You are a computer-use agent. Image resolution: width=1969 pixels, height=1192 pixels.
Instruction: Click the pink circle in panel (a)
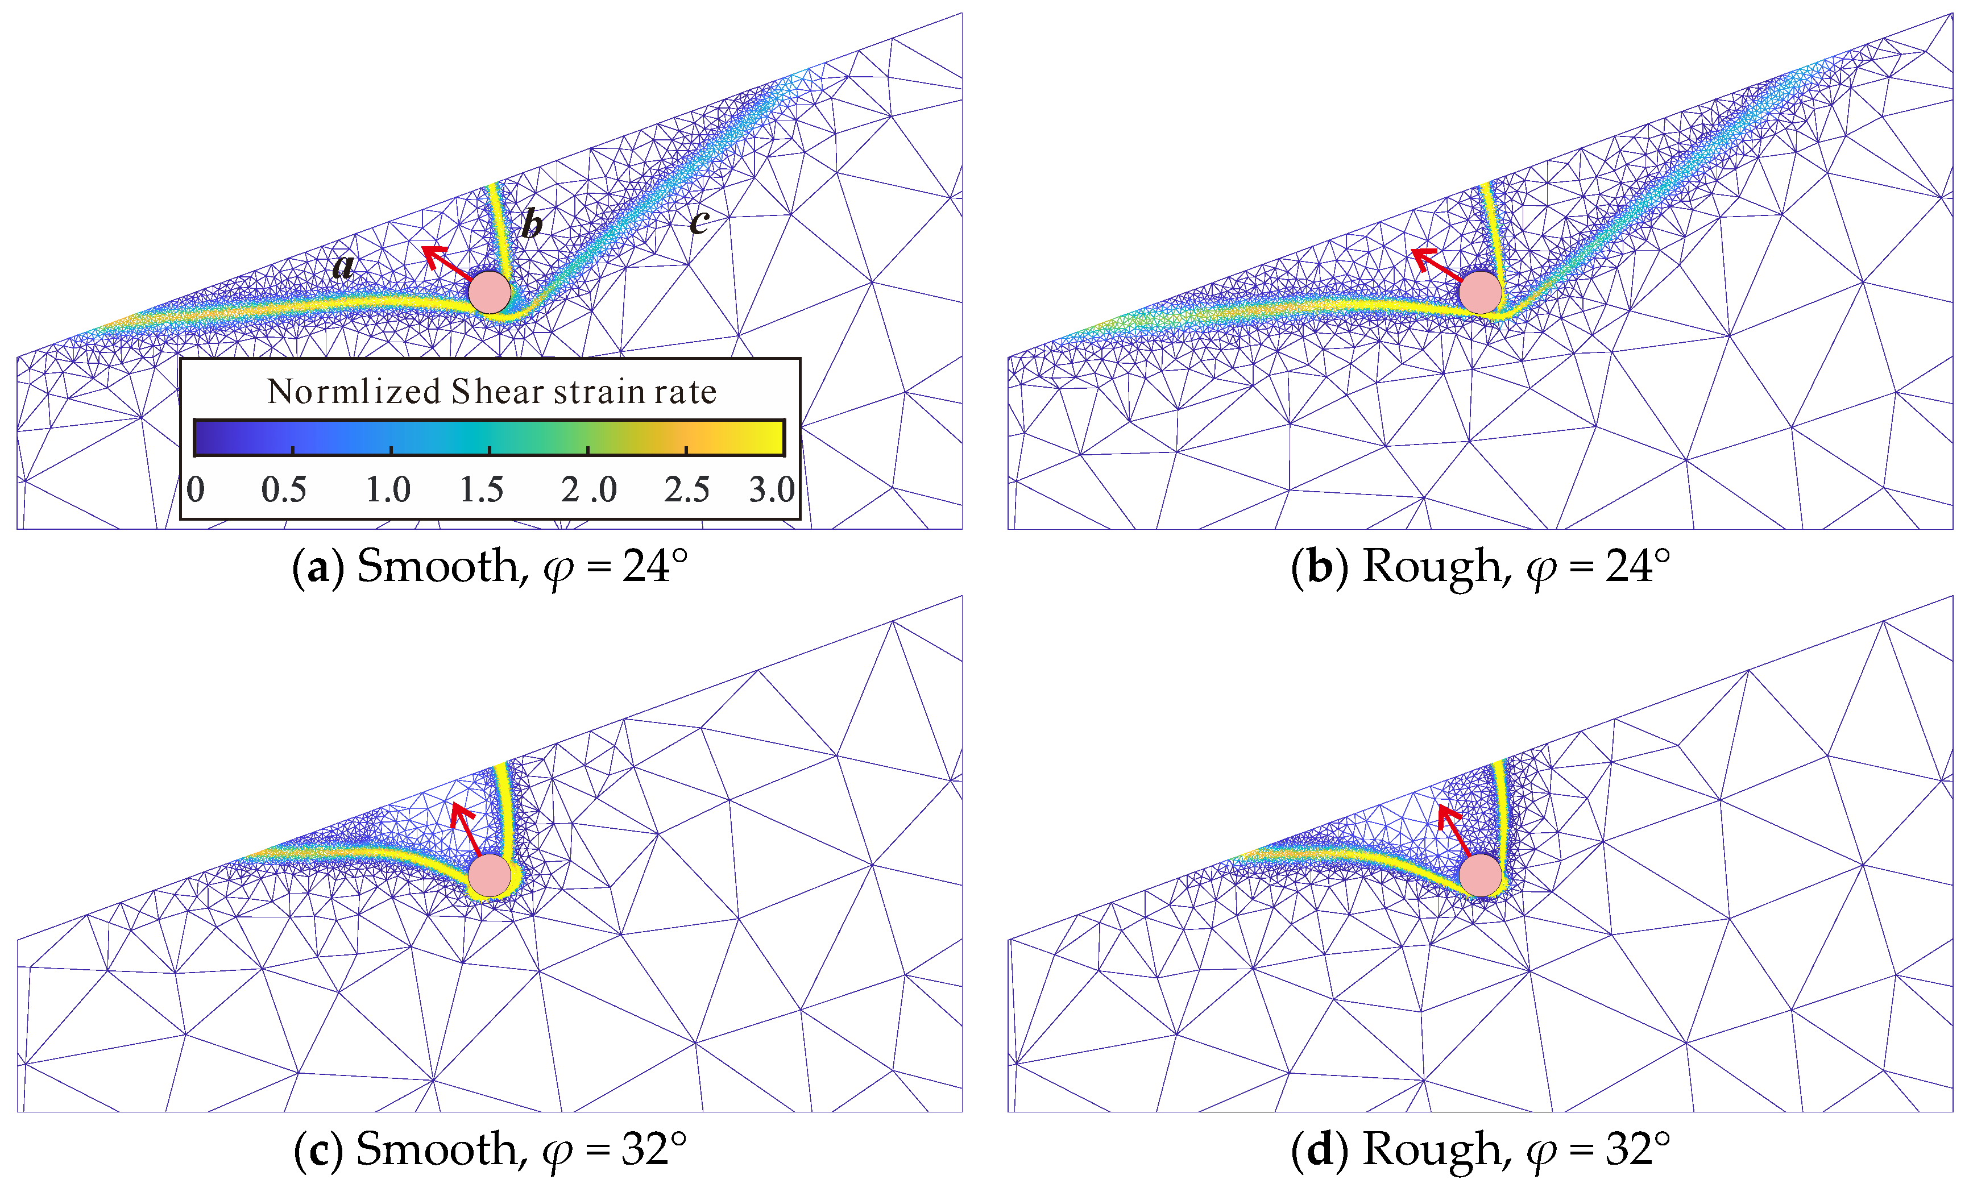[489, 292]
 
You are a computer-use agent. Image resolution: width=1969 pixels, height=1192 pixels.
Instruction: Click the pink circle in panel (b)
[1480, 292]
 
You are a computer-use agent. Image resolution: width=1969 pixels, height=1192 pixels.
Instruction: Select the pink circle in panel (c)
[489, 875]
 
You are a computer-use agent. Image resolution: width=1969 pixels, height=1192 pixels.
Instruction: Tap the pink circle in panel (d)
[1480, 875]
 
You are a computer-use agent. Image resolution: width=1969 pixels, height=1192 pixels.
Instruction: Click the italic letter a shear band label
[343, 266]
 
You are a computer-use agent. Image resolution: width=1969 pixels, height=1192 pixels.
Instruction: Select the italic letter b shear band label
[532, 225]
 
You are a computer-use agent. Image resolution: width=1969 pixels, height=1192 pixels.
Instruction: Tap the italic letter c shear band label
[698, 221]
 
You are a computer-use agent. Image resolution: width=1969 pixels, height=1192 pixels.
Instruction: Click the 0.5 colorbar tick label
[284, 489]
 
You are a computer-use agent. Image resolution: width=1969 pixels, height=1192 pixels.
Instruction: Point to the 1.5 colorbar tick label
[481, 489]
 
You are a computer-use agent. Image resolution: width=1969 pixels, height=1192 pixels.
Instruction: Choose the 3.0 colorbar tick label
[771, 489]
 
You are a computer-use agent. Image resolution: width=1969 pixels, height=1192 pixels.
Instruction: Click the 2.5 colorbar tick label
[686, 489]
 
